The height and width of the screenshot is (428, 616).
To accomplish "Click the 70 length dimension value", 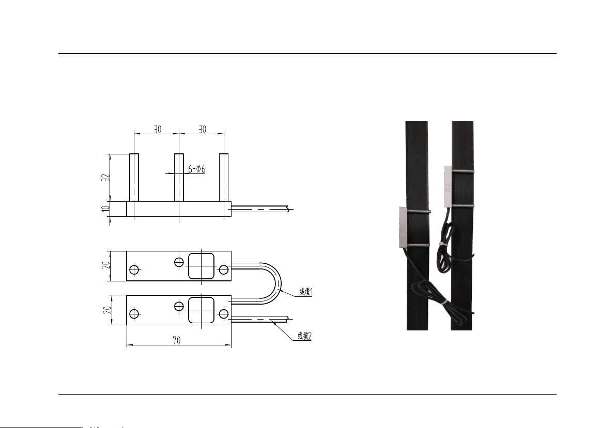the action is [177, 340].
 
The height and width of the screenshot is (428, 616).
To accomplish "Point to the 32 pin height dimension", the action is [105, 178].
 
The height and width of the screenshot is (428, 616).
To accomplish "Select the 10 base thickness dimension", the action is [105, 209].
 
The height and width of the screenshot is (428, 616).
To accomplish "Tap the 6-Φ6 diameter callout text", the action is [196, 169].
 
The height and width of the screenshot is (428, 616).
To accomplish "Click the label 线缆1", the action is [306, 292].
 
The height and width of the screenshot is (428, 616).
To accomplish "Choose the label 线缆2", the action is [305, 336].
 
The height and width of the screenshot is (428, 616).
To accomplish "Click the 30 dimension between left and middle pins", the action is [158, 129].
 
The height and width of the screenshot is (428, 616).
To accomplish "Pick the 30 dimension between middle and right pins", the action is [203, 129].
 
